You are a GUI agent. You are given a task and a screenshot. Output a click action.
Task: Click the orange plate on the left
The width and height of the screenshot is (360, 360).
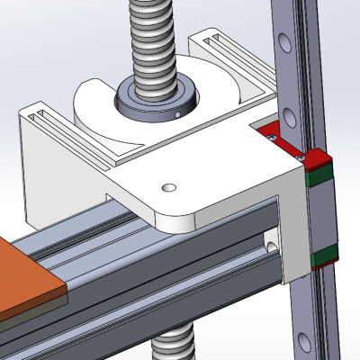(x=27, y=279)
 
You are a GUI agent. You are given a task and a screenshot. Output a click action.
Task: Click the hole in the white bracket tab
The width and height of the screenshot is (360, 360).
(x=166, y=187)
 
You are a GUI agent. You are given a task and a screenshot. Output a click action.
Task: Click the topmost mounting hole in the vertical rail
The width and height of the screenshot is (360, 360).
(x=285, y=41)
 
